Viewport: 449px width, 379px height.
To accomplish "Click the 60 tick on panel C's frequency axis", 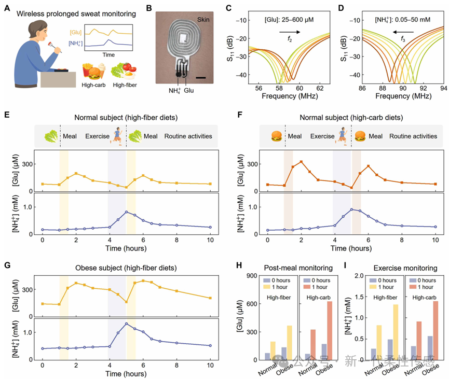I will pos(300,89).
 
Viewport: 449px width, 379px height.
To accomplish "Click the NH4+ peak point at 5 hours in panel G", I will pos(126,324).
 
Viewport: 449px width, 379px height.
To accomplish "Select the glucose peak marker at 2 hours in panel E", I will pos(76,173).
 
